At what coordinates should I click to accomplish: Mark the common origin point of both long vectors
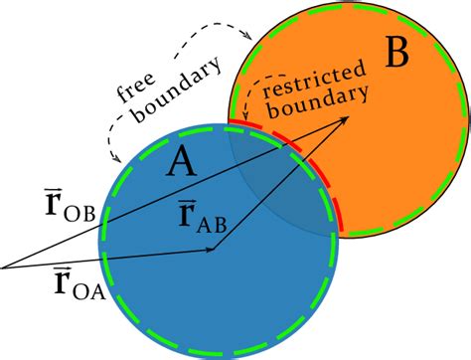3,267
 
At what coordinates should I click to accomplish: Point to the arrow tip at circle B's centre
347,116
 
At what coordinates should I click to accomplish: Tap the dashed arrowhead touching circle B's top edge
245,36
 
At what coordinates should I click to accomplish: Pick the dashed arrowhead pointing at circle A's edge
112,159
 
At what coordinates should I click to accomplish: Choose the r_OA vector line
109,257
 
